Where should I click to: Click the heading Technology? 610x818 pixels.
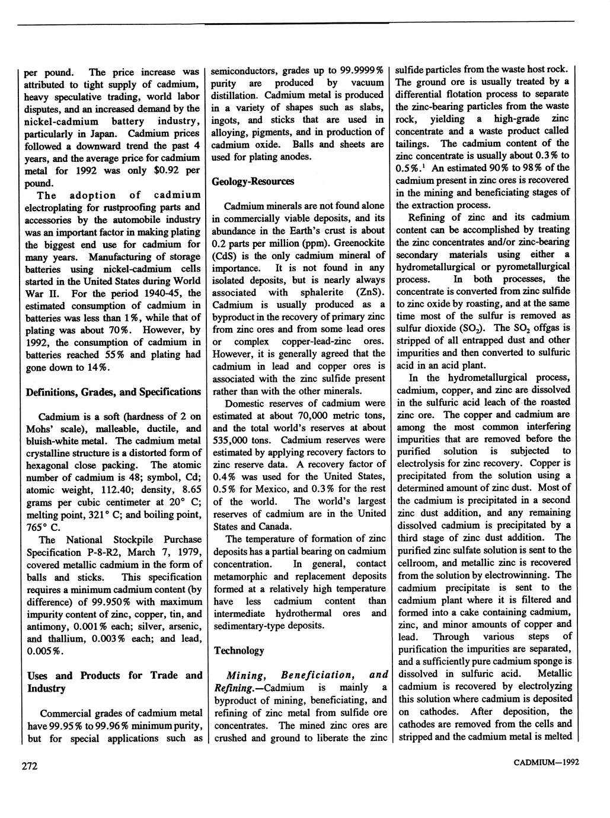click(239, 650)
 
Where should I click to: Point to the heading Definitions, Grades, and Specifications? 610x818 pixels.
click(113, 392)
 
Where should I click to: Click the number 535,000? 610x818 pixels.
click(229, 440)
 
